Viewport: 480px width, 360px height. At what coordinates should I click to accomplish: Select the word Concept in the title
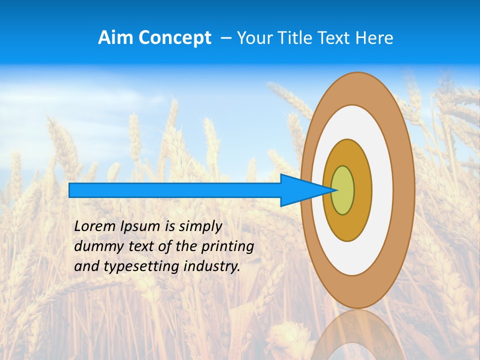(175, 38)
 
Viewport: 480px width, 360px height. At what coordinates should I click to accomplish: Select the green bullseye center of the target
(343, 190)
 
